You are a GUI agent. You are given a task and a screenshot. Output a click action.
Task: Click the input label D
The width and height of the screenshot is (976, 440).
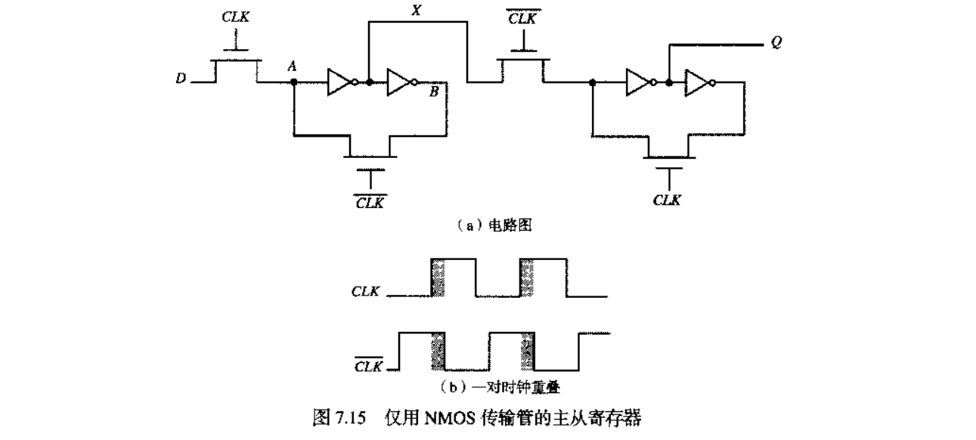(181, 78)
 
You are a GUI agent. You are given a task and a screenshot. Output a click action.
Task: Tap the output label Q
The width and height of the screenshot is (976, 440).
(776, 43)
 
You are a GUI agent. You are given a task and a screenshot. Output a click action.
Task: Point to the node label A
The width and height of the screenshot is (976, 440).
(292, 67)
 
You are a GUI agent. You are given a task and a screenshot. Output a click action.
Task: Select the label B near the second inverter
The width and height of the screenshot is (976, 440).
(433, 93)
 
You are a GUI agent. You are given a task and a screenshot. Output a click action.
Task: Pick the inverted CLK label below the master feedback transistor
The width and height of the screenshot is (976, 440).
(370, 202)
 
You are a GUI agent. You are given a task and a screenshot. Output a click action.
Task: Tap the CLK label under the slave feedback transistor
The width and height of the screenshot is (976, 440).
(667, 200)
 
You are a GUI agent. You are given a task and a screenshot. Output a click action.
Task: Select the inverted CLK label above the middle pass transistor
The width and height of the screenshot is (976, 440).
(520, 17)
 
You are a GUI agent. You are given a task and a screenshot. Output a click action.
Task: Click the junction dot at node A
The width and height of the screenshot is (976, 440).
(293, 82)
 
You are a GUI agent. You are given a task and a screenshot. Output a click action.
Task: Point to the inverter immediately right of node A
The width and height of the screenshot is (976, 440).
(341, 82)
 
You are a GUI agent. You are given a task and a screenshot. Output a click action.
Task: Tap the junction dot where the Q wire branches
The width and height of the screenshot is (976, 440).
(668, 82)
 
